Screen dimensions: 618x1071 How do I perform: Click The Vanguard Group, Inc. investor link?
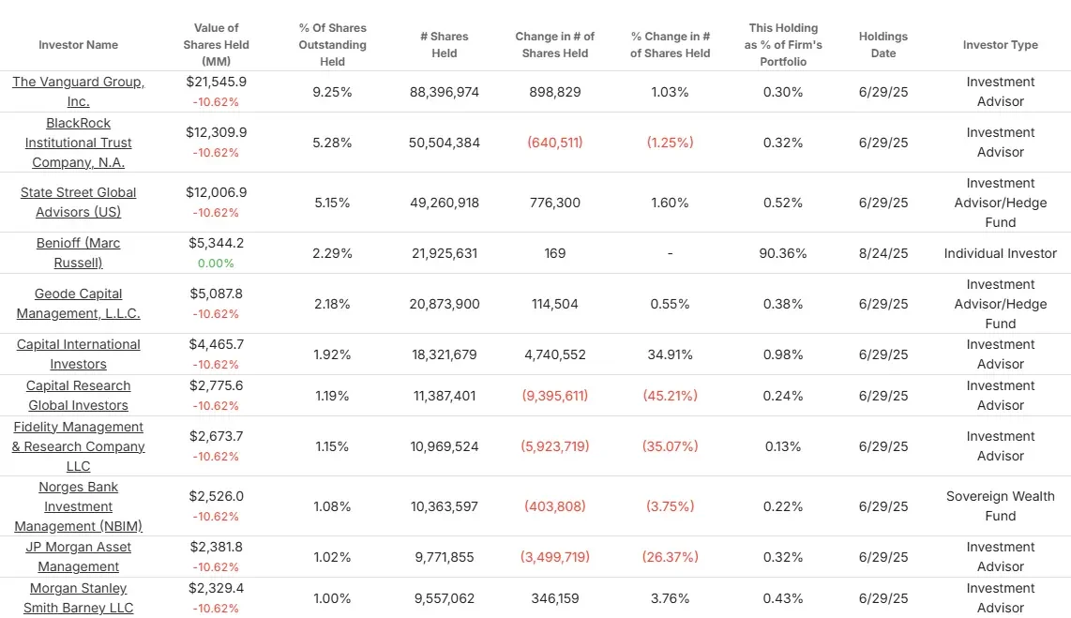pos(79,91)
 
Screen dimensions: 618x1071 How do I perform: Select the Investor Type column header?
pos(1000,45)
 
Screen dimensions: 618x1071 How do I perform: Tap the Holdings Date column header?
pos(882,45)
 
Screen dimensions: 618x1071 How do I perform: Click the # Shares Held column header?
pos(445,45)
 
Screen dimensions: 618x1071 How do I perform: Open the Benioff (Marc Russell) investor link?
pos(79,252)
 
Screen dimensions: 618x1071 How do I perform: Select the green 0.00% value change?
pos(216,264)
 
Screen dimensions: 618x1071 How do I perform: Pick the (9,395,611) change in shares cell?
pos(555,396)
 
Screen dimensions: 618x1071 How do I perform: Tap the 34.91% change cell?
pos(670,354)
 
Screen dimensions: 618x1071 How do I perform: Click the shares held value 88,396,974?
pos(445,92)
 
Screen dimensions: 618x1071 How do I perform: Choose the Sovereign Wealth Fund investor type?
pos(1000,505)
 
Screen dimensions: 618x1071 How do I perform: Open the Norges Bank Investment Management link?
pos(79,506)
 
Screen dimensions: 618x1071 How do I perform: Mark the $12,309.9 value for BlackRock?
pos(216,132)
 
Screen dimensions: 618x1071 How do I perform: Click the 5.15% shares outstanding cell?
pos(332,203)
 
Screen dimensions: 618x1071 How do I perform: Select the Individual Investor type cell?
pos(1000,253)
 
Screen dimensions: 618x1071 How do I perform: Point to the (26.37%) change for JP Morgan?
pos(670,557)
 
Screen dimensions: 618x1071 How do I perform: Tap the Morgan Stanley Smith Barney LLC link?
pos(79,597)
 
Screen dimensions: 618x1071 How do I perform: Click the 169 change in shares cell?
pos(555,253)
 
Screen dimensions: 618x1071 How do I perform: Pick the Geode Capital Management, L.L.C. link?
pos(79,303)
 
